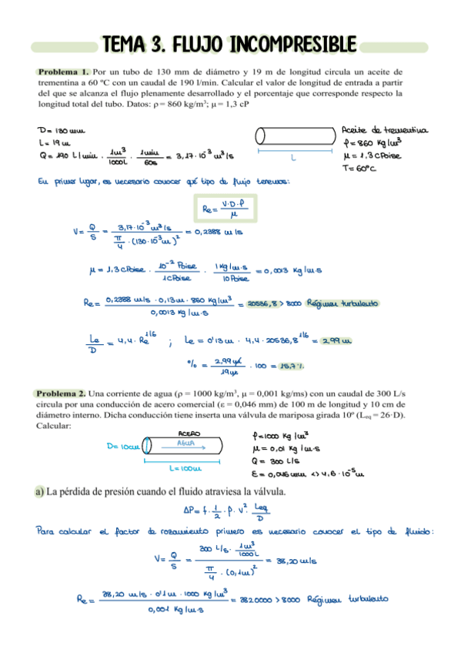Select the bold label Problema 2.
[x=61, y=393]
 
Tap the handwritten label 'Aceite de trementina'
[x=384, y=130]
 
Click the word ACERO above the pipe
[x=189, y=434]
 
